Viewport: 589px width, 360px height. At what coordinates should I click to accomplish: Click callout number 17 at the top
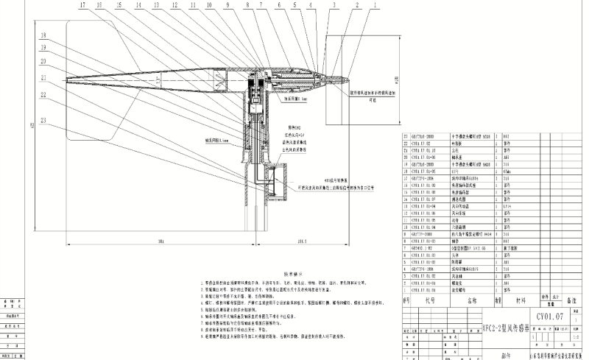tap(82, 5)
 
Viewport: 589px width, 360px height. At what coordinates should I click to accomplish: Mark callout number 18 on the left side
tap(44, 35)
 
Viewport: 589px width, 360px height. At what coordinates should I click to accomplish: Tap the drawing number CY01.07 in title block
tap(549, 316)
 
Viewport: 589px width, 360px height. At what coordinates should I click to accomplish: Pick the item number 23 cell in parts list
tap(406, 136)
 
